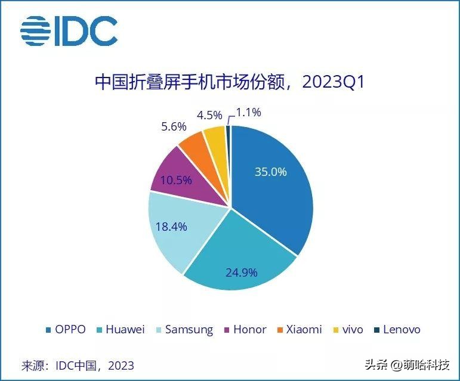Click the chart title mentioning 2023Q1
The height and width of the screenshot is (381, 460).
pyautogui.click(x=230, y=82)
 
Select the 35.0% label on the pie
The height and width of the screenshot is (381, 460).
pyautogui.click(x=270, y=172)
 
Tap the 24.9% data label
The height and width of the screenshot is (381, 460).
pyautogui.click(x=241, y=272)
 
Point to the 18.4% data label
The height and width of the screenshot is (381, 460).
pyautogui.click(x=171, y=227)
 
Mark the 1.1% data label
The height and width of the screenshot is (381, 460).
pyautogui.click(x=249, y=112)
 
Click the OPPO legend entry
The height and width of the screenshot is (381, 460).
pyautogui.click(x=66, y=330)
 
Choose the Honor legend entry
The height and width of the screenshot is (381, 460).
pyautogui.click(x=245, y=330)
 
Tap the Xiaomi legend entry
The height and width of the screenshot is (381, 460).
pyautogui.click(x=299, y=330)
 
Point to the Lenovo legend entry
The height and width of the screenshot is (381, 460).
pyautogui.click(x=397, y=330)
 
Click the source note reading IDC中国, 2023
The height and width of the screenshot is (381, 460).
pyautogui.click(x=78, y=365)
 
